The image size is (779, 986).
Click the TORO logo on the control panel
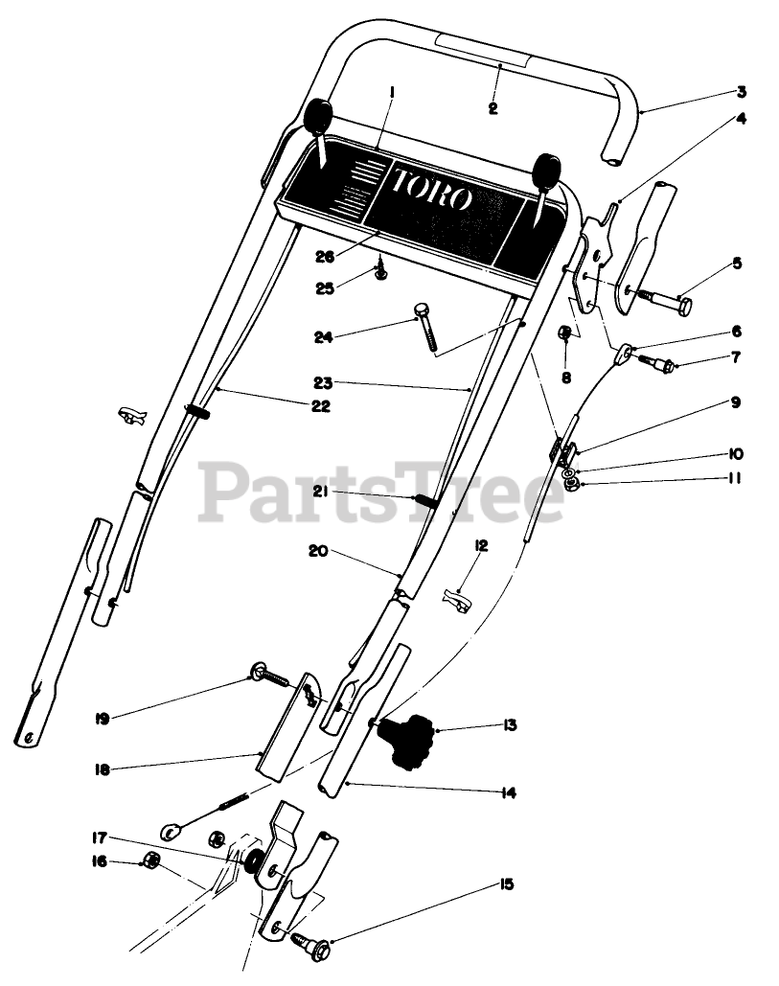tap(431, 189)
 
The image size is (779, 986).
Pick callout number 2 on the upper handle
tap(493, 108)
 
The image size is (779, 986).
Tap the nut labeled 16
tap(150, 859)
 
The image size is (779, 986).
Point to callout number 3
tap(741, 93)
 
